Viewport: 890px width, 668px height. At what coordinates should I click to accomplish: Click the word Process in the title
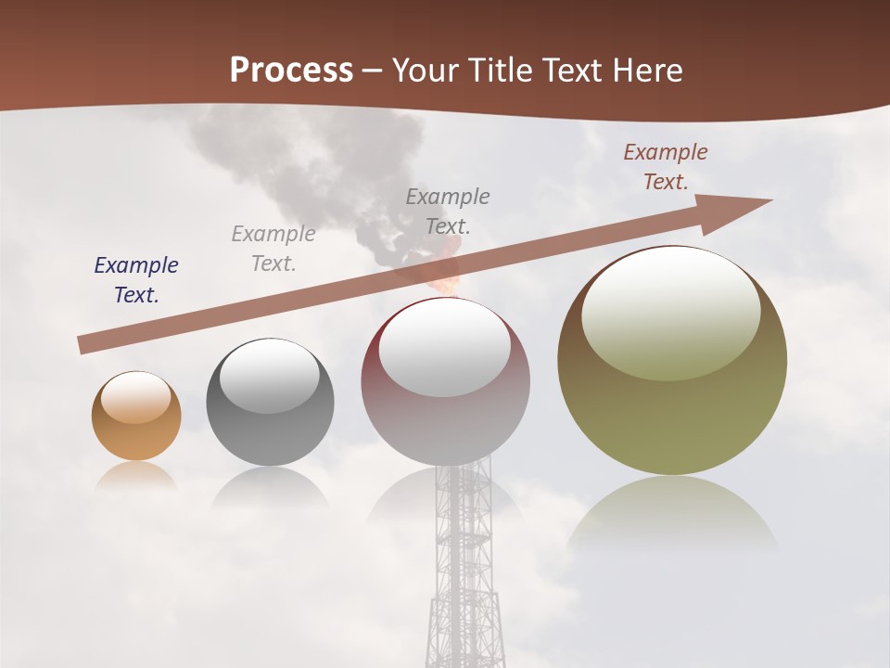pos(291,70)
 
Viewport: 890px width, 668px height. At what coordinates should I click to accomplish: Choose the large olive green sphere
pos(672,408)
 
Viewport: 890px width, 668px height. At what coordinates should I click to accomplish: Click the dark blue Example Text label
pos(136,280)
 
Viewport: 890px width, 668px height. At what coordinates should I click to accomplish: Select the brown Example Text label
pos(666,167)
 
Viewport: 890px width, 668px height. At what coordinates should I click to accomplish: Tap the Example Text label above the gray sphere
pos(273,248)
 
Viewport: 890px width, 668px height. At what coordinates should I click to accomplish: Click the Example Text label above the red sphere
pos(448,211)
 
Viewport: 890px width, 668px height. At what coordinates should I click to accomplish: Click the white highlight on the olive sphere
pos(671,311)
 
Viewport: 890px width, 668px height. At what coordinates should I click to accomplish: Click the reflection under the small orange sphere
pos(136,476)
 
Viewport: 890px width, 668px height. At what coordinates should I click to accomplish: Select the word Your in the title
pos(426,71)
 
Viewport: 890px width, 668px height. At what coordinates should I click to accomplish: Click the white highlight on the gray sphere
pos(270,374)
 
